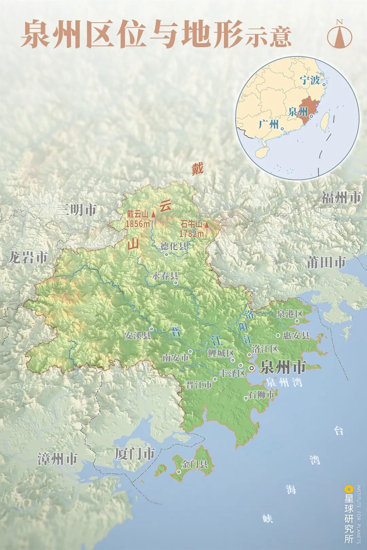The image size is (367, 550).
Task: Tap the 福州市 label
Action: [x=341, y=198]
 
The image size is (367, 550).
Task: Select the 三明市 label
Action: [x=76, y=210]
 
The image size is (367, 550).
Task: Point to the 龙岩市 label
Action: [x=28, y=258]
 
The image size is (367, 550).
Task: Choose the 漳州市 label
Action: [x=57, y=459]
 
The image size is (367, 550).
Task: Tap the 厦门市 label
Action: [x=135, y=454]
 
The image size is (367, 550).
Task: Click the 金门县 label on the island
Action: [x=195, y=464]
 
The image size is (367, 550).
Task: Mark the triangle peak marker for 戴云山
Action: [x=153, y=214]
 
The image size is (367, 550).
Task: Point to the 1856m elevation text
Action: [x=137, y=224]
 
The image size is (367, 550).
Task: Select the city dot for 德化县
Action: [x=167, y=254]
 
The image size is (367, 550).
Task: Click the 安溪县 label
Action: [x=137, y=336]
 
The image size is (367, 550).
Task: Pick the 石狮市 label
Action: [x=261, y=395]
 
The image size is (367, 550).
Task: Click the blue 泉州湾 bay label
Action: [x=284, y=383]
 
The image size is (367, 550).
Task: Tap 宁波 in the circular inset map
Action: [x=310, y=80]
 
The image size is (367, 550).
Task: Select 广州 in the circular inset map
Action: [x=268, y=124]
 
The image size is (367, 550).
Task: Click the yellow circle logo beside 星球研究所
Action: [x=348, y=489]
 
